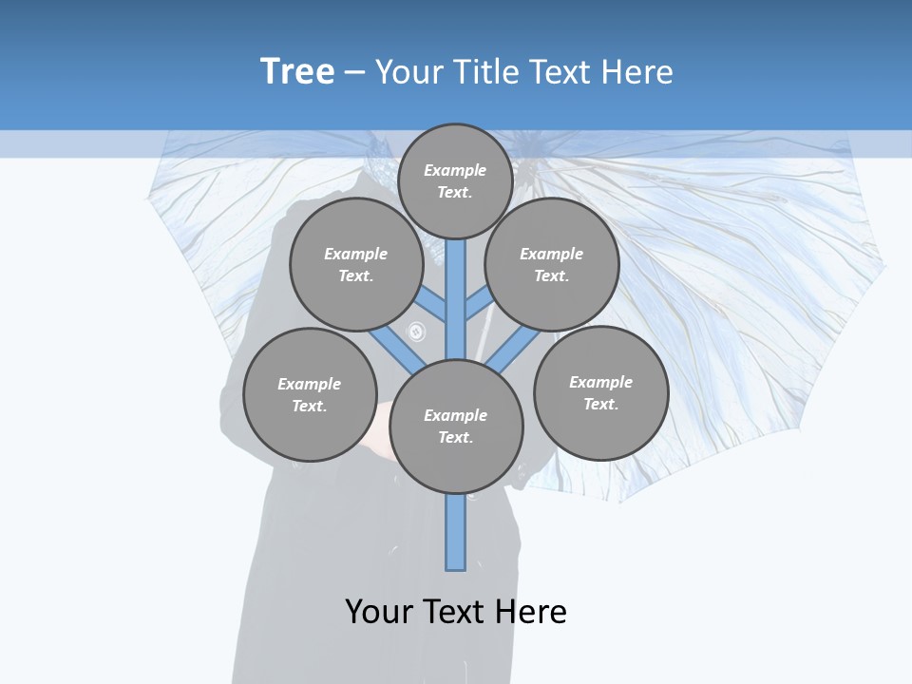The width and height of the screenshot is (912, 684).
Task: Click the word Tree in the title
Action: click(297, 71)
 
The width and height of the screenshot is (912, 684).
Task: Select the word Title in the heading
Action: click(485, 72)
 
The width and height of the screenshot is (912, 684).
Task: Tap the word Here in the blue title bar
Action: click(636, 72)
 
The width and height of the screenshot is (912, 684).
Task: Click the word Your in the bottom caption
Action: click(378, 612)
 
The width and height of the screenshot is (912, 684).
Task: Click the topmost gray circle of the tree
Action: click(455, 180)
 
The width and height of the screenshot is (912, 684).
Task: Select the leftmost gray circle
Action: click(310, 394)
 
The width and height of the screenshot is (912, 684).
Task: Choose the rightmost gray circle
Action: click(600, 392)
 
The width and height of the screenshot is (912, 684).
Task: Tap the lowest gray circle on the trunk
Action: click(456, 426)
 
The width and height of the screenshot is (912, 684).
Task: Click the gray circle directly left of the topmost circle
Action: click(356, 264)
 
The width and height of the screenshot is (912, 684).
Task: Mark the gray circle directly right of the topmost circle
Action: click(552, 264)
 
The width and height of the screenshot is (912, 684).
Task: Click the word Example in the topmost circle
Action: click(455, 170)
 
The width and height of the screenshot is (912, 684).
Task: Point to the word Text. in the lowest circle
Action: click(456, 437)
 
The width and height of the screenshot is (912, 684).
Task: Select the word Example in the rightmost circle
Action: click(600, 382)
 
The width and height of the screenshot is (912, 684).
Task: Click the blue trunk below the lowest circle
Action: click(456, 532)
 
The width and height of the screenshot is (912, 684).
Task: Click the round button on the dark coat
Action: click(416, 332)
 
